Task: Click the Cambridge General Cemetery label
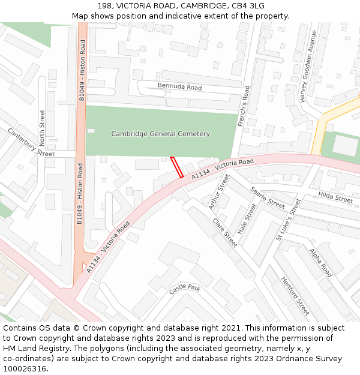[161, 134]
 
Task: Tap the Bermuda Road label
[179, 87]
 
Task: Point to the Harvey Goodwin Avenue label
[308, 75]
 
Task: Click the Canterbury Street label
[31, 142]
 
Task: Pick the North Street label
[42, 127]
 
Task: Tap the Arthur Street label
[219, 191]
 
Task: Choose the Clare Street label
[225, 232]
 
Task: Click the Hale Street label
[247, 218]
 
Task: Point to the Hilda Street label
[335, 197]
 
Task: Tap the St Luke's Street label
[288, 220]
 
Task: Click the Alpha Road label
[321, 263]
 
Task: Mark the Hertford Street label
[295, 296]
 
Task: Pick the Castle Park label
[184, 289]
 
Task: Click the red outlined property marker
[177, 167]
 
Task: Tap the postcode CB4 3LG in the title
[248, 5]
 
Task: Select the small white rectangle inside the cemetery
[91, 131]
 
